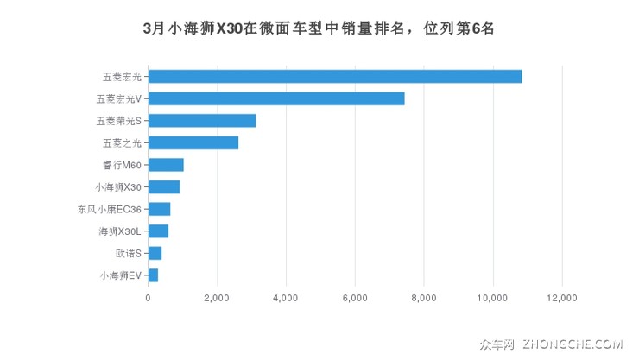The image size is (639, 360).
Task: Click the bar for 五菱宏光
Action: click(335, 76)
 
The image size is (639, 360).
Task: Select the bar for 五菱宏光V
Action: click(276, 98)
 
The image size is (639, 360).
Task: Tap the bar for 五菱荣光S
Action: click(202, 121)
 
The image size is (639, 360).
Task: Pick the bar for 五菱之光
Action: click(193, 142)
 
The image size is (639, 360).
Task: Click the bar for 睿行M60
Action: click(166, 165)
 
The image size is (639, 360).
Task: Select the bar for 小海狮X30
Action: click(164, 186)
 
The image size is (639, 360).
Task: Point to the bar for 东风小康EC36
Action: click(160, 209)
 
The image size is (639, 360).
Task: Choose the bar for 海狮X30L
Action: click(158, 231)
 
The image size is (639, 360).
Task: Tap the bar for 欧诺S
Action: click(155, 253)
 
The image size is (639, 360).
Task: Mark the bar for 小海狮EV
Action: click(153, 275)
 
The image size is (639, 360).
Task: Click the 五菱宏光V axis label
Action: click(119, 98)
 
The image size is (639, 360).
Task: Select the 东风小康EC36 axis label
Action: click(110, 209)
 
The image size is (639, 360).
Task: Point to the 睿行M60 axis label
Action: click(122, 165)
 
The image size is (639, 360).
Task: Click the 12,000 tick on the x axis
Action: click(562, 298)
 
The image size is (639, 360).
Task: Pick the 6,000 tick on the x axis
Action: click(355, 298)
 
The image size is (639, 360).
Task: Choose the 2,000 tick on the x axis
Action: click(217, 298)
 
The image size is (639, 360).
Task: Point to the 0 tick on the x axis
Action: click(149, 298)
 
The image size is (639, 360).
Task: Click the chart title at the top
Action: click(319, 28)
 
